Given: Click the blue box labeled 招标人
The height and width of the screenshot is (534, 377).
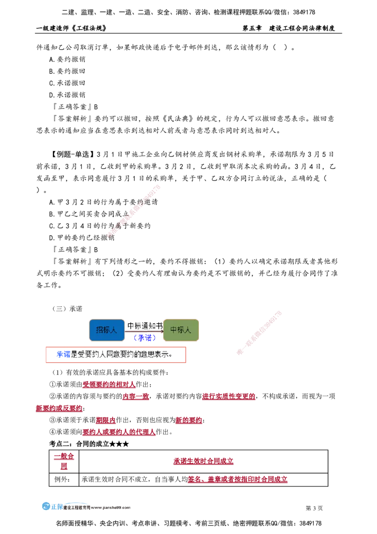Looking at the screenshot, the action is tap(107, 330).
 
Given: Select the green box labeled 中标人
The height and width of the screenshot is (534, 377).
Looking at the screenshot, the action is tap(180, 330).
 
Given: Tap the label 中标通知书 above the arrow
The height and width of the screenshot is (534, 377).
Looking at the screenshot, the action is tap(145, 326).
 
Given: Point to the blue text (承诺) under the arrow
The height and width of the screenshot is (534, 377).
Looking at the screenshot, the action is tap(145, 337).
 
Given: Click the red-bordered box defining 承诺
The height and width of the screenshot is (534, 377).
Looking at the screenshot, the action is tap(115, 355).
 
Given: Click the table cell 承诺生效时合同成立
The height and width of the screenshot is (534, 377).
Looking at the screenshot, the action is tap(203, 461).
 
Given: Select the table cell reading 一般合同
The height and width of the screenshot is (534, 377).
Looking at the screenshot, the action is tap(64, 461).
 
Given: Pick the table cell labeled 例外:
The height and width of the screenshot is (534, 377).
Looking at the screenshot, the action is tap(64, 479).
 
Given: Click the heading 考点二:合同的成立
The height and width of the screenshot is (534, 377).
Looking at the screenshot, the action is tap(89, 444).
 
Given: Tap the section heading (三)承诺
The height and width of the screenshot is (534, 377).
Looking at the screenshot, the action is tap(67, 309).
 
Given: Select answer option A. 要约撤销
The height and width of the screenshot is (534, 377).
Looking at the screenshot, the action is tap(67, 59).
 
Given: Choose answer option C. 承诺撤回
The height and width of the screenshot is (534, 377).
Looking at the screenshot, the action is tap(67, 83).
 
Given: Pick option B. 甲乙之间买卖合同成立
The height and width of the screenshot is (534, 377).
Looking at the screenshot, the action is tap(89, 214).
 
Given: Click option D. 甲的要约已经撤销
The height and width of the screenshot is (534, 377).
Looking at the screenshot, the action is tap(82, 238).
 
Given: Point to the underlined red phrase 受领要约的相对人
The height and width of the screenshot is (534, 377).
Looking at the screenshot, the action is tap(109, 384).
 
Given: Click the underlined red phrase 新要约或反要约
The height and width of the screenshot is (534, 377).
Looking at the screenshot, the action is tap(59, 409).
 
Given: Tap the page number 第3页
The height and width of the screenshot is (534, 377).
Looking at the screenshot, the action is tap(314, 508).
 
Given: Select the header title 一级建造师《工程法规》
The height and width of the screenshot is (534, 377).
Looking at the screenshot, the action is tap(71, 28).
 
